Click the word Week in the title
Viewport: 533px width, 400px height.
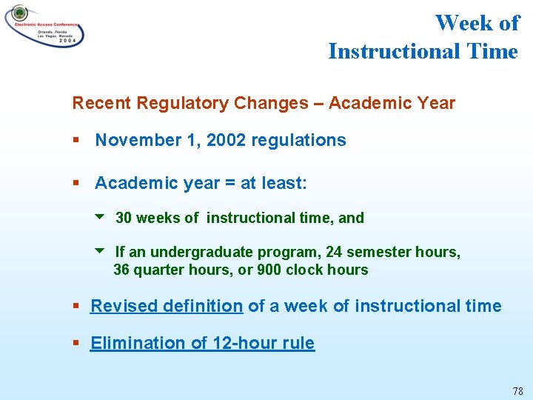pyautogui.click(x=464, y=23)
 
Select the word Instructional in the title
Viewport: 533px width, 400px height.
pyautogui.click(x=393, y=51)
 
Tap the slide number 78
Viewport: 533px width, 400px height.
pyautogui.click(x=517, y=390)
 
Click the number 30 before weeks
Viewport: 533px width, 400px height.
pyautogui.click(x=124, y=218)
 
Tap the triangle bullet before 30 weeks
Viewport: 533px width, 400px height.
pyautogui.click(x=101, y=217)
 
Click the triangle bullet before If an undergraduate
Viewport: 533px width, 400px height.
pyautogui.click(x=101, y=251)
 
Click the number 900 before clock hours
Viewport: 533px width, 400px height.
pyautogui.click(x=269, y=270)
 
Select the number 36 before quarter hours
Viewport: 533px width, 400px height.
pyautogui.click(x=121, y=270)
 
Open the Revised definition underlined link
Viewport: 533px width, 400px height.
pyautogui.click(x=167, y=306)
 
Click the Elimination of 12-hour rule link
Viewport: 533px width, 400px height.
pyautogui.click(x=202, y=343)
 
